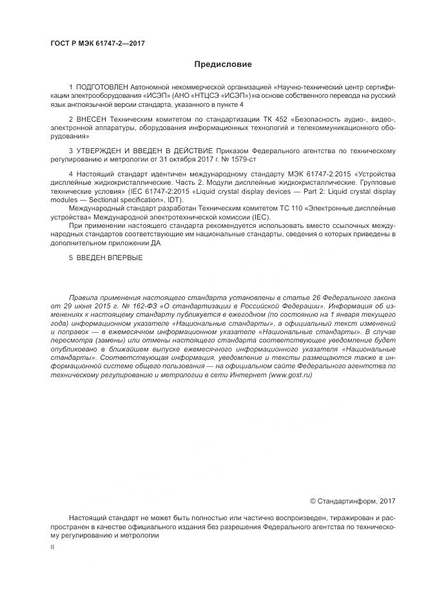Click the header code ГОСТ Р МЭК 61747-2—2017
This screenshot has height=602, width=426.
97,43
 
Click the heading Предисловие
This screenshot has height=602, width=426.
223,64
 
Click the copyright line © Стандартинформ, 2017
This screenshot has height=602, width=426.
353,500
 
